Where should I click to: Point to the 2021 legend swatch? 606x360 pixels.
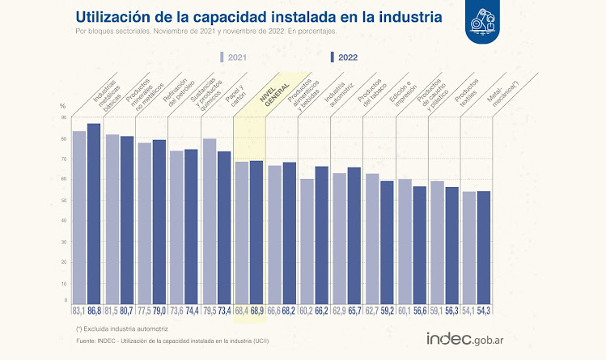tap(222, 57)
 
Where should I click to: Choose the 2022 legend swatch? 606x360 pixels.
tap(333, 57)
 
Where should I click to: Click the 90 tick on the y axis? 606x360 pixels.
tap(63, 117)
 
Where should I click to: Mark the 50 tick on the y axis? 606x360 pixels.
tap(63, 201)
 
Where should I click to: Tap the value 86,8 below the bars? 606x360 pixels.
tap(94, 311)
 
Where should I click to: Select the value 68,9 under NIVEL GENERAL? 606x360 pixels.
tap(256, 311)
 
